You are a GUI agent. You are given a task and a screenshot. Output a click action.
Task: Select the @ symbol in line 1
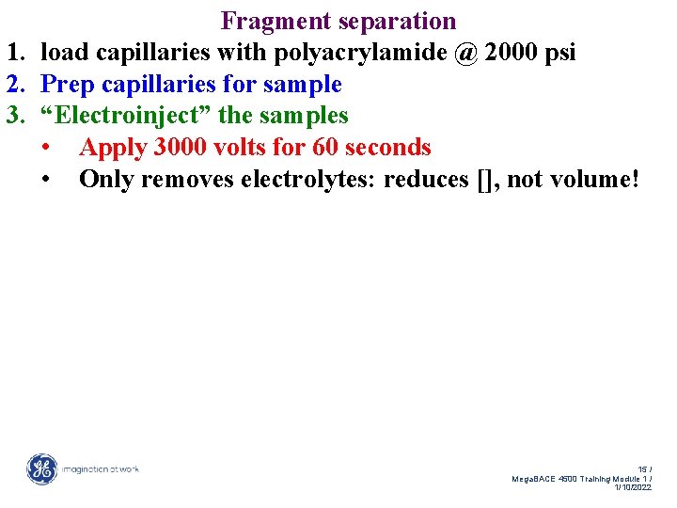(x=464, y=53)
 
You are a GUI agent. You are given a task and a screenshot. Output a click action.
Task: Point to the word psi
(x=560, y=53)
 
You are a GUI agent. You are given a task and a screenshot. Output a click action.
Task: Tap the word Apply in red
(x=113, y=148)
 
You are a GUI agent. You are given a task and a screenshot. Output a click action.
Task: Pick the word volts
(x=247, y=148)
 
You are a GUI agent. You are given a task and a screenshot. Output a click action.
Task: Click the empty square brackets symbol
(x=484, y=180)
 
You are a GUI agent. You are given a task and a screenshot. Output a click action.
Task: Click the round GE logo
(x=41, y=468)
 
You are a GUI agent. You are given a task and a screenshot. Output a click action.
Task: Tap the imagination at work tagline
(x=101, y=468)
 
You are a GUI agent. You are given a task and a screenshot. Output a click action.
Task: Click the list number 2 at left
(x=13, y=85)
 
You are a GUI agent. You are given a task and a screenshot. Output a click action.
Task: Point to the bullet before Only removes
(x=46, y=179)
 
